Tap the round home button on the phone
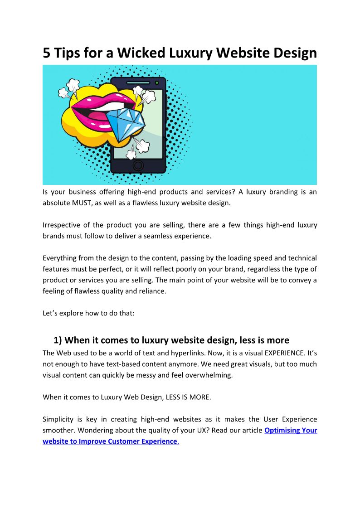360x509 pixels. point(138,165)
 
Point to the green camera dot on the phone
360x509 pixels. point(157,83)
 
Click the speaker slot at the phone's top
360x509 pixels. point(138,83)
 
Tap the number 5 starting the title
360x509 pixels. point(47,53)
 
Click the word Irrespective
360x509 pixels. point(61,225)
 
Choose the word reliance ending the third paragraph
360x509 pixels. point(152,291)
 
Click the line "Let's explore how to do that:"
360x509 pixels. point(88,313)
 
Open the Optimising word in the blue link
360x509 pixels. point(282,430)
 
